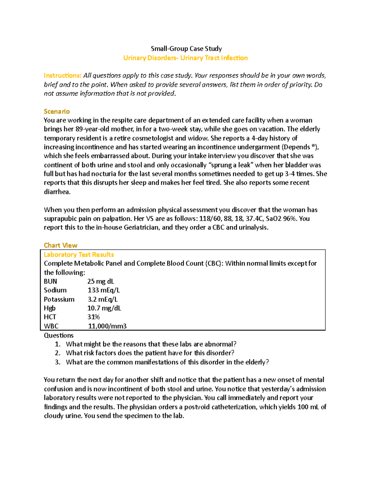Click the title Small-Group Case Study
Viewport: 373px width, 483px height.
pyautogui.click(x=186, y=49)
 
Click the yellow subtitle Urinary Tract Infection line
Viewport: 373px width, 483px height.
pyautogui.click(x=185, y=58)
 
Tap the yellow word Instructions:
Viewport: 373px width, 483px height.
pyautogui.click(x=62, y=76)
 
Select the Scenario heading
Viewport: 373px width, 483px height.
pyautogui.click(x=57, y=111)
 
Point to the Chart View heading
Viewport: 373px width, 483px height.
pyautogui.click(x=60, y=245)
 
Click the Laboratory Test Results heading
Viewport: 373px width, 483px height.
pyautogui.click(x=79, y=254)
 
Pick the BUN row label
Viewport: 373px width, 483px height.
pyautogui.click(x=50, y=281)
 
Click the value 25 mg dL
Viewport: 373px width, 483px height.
pyautogui.click(x=101, y=281)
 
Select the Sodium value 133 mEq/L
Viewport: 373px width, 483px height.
pyautogui.click(x=104, y=290)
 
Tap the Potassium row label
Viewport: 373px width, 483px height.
pyautogui.click(x=59, y=299)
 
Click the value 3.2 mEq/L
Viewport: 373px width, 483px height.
pyautogui.click(x=103, y=299)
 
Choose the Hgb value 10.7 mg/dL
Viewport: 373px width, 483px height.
pyautogui.click(x=104, y=308)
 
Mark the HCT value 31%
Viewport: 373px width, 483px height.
pyautogui.click(x=94, y=317)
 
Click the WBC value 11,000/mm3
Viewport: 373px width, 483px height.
pyautogui.click(x=107, y=326)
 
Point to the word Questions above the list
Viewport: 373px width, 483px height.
pyautogui.click(x=59, y=335)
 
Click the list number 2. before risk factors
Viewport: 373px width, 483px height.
pyautogui.click(x=58, y=353)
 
